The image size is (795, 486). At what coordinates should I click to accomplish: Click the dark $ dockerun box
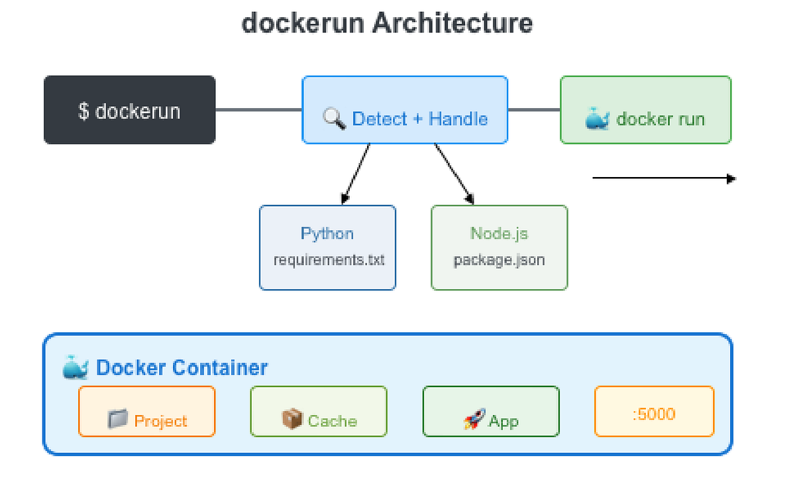pyautogui.click(x=129, y=110)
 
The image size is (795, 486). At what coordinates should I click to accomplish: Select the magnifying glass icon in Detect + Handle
pyautogui.click(x=335, y=119)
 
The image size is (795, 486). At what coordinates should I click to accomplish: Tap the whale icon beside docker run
pyautogui.click(x=597, y=119)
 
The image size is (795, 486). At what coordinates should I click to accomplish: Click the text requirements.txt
pyautogui.click(x=329, y=259)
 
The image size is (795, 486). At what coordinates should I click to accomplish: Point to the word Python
pyautogui.click(x=327, y=233)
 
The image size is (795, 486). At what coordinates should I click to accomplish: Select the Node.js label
pyautogui.click(x=499, y=233)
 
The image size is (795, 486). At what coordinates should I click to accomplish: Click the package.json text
pyautogui.click(x=499, y=259)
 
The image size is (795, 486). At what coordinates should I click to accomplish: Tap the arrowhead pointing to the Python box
pyautogui.click(x=344, y=198)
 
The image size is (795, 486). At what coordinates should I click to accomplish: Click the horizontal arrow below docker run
pyautogui.click(x=662, y=178)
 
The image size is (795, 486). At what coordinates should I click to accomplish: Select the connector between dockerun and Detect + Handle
pyautogui.click(x=258, y=110)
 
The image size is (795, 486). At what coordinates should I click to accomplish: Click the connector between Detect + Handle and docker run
pyautogui.click(x=534, y=110)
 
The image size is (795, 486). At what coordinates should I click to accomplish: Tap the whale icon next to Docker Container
pyautogui.click(x=76, y=367)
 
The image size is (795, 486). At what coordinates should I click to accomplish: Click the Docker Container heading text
pyautogui.click(x=182, y=367)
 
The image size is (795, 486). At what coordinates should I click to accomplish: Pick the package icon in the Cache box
pyautogui.click(x=291, y=419)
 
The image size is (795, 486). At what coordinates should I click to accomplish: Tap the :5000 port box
pyautogui.click(x=654, y=412)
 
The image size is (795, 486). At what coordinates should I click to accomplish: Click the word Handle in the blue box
pyautogui.click(x=458, y=119)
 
